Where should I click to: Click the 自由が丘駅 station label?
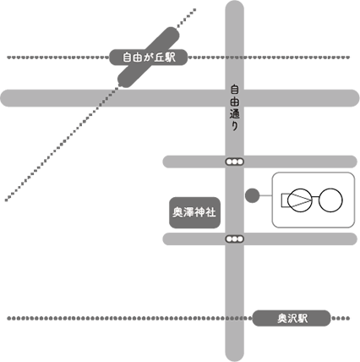(x=148, y=58)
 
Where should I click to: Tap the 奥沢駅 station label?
(x=292, y=318)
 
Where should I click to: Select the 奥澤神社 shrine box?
(x=194, y=212)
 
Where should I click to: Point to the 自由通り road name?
(x=234, y=108)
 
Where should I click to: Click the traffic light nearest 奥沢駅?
(x=234, y=239)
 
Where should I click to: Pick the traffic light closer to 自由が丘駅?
(x=234, y=162)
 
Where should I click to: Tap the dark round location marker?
(x=252, y=195)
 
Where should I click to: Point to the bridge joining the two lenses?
(x=316, y=197)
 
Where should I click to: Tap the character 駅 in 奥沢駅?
(x=303, y=319)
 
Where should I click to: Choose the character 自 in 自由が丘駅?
(x=128, y=58)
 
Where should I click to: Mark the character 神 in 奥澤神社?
(x=199, y=212)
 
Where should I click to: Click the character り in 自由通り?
(x=234, y=126)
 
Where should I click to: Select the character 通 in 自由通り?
(x=234, y=114)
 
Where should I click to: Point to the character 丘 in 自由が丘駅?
(x=159, y=58)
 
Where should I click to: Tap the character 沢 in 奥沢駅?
(x=292, y=319)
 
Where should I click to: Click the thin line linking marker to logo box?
(x=265, y=195)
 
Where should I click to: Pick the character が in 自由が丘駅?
(x=149, y=58)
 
